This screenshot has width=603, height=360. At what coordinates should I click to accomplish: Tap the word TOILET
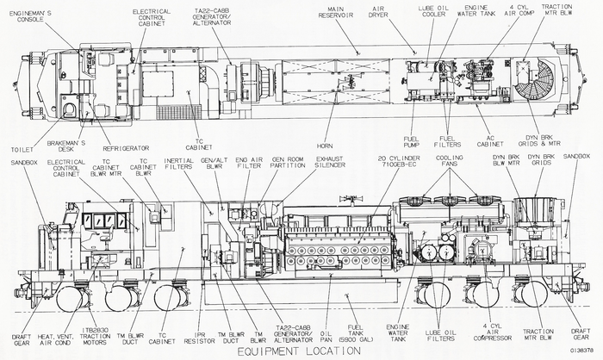pyautogui.click(x=22, y=148)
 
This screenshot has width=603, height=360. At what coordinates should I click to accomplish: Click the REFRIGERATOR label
pyautogui.click(x=121, y=148)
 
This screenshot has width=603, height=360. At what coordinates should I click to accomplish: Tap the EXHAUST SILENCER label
pyautogui.click(x=329, y=164)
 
